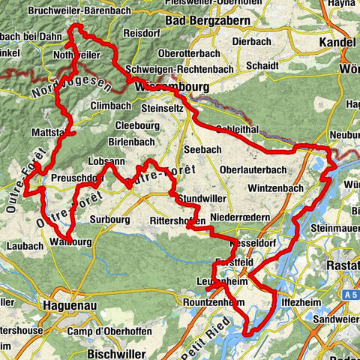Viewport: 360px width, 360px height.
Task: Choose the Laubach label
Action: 21,245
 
